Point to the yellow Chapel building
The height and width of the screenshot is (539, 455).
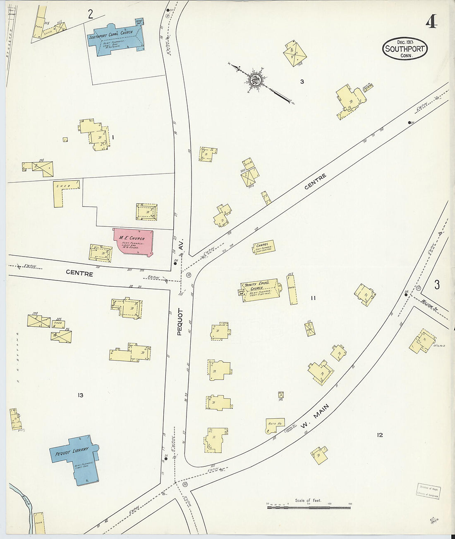[x=264, y=247]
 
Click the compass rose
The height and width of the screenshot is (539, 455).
[x=255, y=79]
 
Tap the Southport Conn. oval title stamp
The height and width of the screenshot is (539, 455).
[x=405, y=49]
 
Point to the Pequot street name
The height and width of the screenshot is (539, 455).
[x=180, y=321]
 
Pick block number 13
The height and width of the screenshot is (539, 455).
[x=80, y=395]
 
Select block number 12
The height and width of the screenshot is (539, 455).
[x=380, y=435]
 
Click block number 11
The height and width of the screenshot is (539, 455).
[x=313, y=298]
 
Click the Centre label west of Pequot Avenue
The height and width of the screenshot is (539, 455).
[x=79, y=273]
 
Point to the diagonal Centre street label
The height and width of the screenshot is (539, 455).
[x=315, y=182]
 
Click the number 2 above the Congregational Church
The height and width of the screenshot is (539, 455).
[x=90, y=14]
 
